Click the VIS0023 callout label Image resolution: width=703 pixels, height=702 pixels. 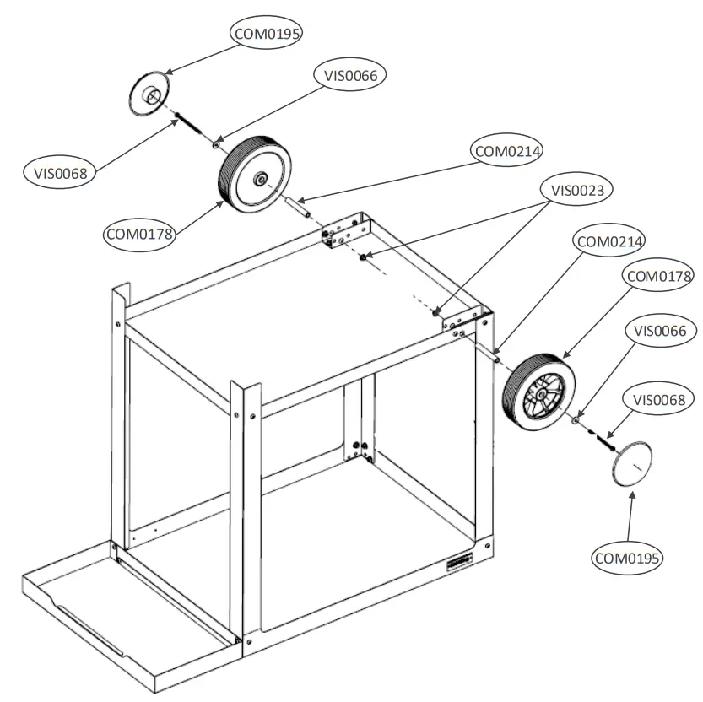tap(577, 190)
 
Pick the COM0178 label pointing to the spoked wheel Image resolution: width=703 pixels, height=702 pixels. tap(657, 276)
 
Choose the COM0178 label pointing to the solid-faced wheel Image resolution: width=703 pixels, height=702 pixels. tap(139, 234)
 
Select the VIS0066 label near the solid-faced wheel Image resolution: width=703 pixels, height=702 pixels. tap(351, 75)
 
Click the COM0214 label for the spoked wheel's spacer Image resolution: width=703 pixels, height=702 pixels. tap(609, 241)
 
